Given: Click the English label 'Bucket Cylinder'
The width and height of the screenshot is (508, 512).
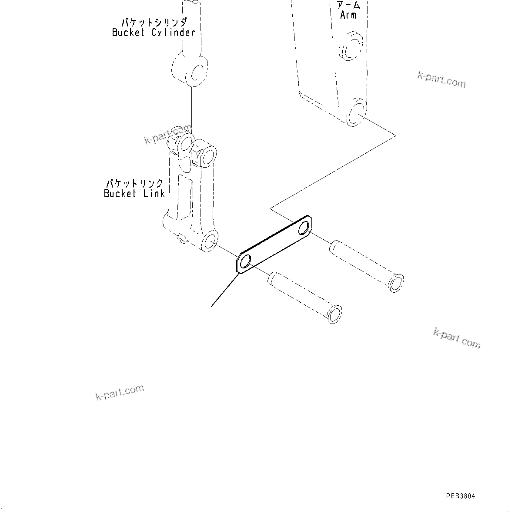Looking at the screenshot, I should coord(154,33).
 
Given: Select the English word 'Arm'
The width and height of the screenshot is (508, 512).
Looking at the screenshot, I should coord(348,15).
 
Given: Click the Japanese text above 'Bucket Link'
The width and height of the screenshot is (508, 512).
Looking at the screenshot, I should coord(135,183).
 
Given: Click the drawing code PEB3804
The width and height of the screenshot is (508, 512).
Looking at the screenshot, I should coord(460,496).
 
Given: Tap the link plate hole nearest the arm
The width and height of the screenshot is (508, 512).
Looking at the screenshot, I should coord(306,227).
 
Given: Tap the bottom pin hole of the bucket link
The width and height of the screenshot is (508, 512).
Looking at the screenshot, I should coord(210,241).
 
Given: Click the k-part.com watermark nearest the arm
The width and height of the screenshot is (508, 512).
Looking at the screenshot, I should coord(441,79).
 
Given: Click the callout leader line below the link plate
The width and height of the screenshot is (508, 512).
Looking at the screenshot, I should coord(224,291).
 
